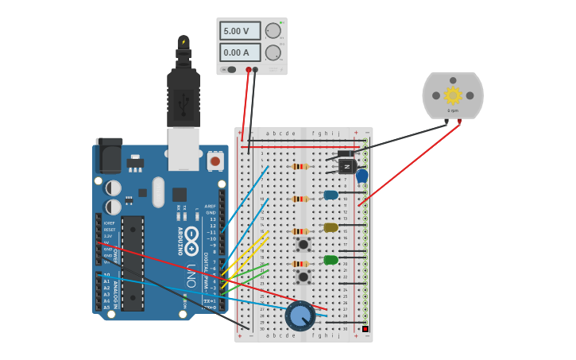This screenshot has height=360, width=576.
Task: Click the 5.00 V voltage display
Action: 240,31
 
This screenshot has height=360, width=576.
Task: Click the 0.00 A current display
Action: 240,52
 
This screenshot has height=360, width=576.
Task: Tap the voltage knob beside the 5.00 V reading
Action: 273,31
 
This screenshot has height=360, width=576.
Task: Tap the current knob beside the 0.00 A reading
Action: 273,52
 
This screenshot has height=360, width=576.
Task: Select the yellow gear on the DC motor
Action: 453,95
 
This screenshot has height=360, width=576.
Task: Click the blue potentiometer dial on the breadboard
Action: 300,316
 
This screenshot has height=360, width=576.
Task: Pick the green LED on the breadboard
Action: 331,260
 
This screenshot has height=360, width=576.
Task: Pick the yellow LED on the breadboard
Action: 331,227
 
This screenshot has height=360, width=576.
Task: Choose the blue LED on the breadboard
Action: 331,195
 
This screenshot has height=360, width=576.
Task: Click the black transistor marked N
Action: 347,165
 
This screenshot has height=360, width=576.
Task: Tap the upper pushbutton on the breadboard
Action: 303,244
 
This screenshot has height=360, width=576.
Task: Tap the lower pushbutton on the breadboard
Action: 303,277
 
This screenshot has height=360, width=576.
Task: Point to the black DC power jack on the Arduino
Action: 109,155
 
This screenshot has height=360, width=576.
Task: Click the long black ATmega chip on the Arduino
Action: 132,263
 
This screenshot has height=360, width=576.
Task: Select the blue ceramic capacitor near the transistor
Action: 362,176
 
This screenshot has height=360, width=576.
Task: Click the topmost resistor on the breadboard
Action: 300,166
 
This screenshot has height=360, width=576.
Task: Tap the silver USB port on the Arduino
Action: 184,149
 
